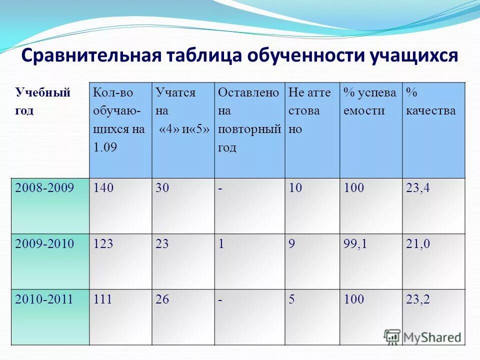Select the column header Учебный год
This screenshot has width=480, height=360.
42,101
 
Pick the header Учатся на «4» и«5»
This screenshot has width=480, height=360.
183,111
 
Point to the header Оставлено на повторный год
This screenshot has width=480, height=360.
249,120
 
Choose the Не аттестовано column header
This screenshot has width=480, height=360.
309,111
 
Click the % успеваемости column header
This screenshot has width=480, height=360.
369,101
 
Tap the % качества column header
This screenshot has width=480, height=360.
431,101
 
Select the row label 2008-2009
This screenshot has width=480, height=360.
44,188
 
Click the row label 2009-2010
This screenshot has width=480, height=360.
44,244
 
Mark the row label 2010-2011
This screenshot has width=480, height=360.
44,299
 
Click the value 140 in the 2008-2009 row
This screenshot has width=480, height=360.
103,188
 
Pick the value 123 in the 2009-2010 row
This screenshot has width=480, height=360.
103,244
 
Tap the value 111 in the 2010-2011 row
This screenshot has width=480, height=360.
102,299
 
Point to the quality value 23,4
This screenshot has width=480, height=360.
418,188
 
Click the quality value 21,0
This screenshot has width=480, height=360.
418,244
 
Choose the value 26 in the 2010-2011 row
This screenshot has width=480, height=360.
162,299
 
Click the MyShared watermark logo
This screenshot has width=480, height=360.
422,336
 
